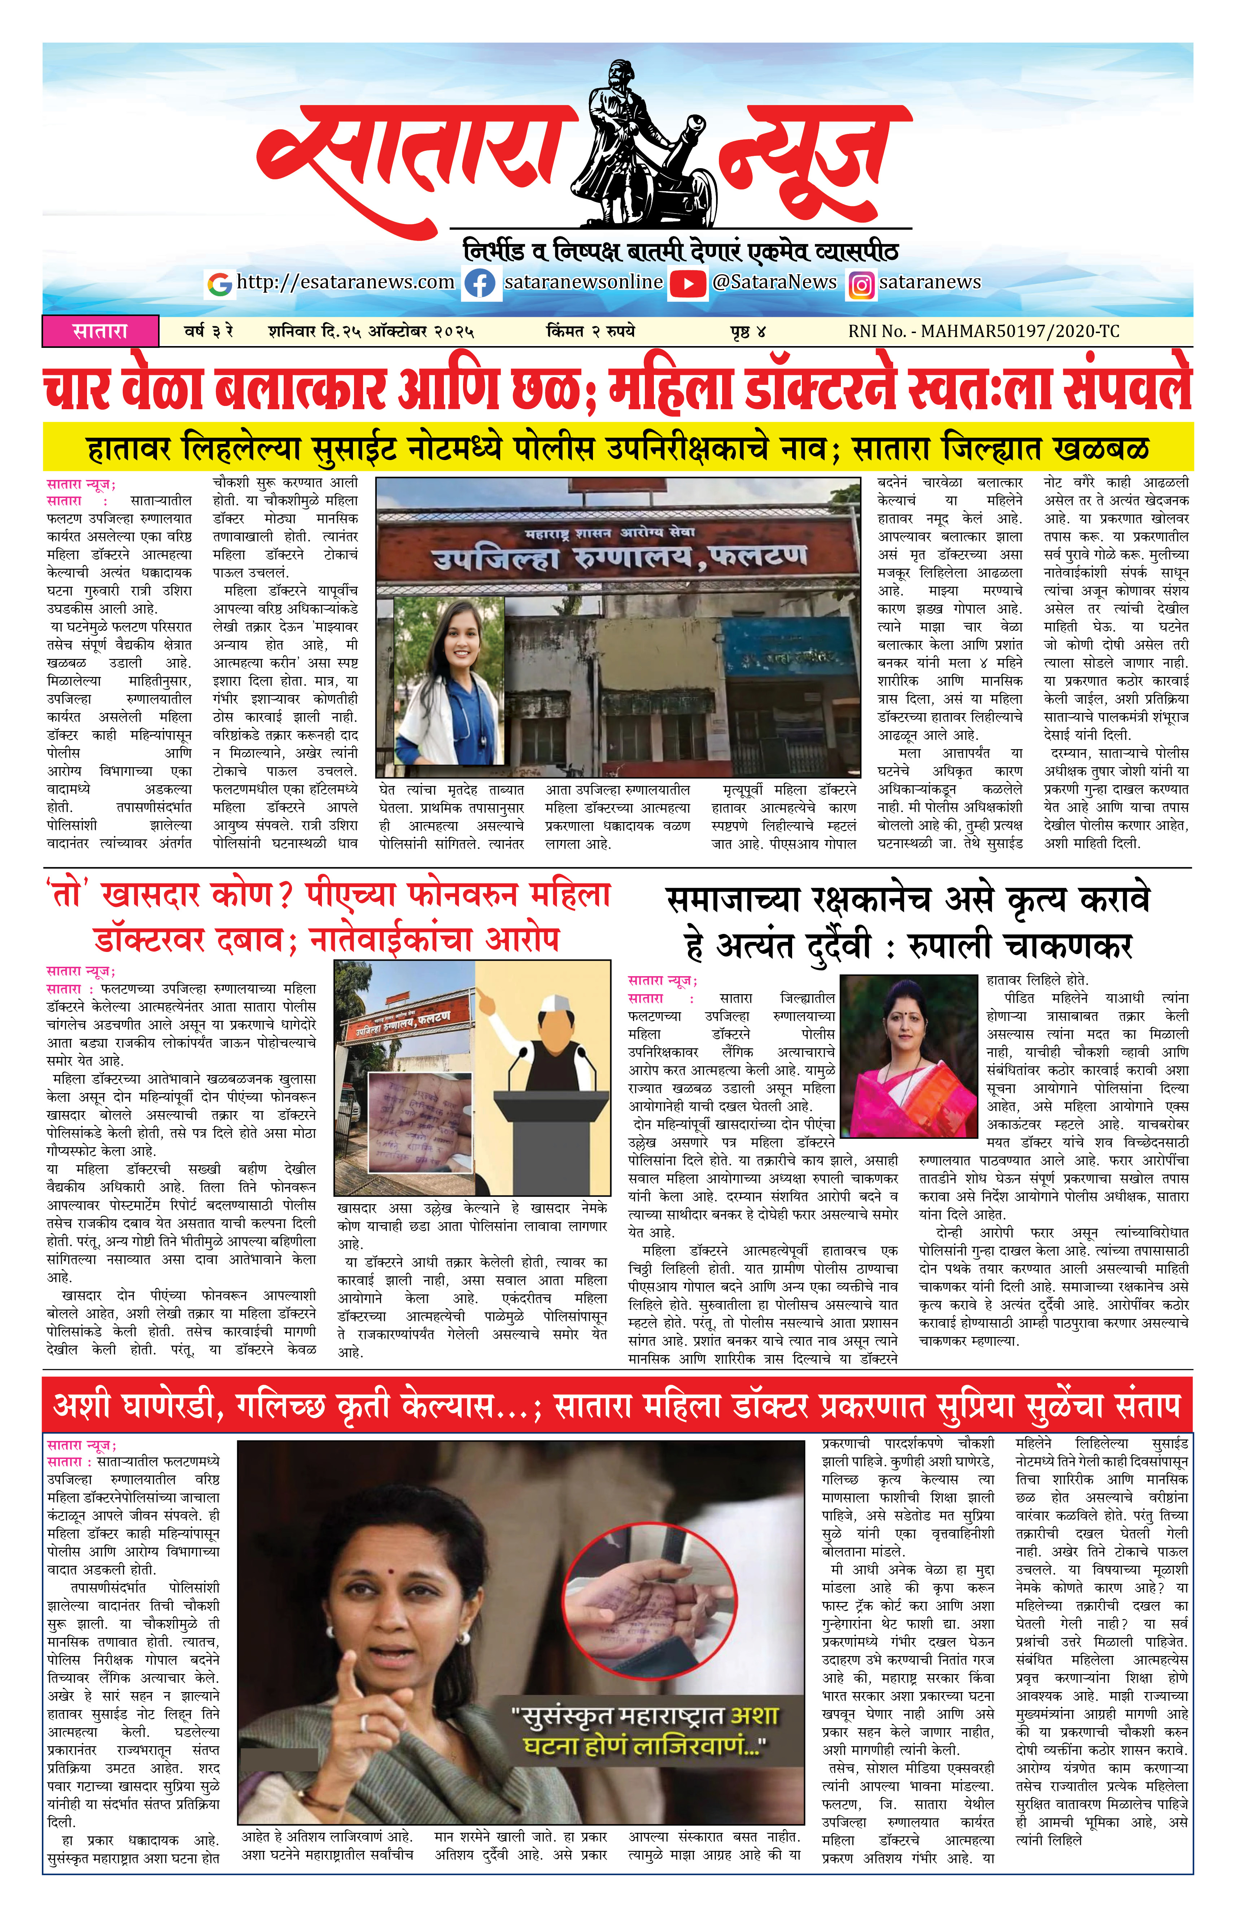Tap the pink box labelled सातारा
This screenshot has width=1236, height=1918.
100,331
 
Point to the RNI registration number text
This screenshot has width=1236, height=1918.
983,331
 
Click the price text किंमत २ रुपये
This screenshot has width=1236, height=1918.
590,331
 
